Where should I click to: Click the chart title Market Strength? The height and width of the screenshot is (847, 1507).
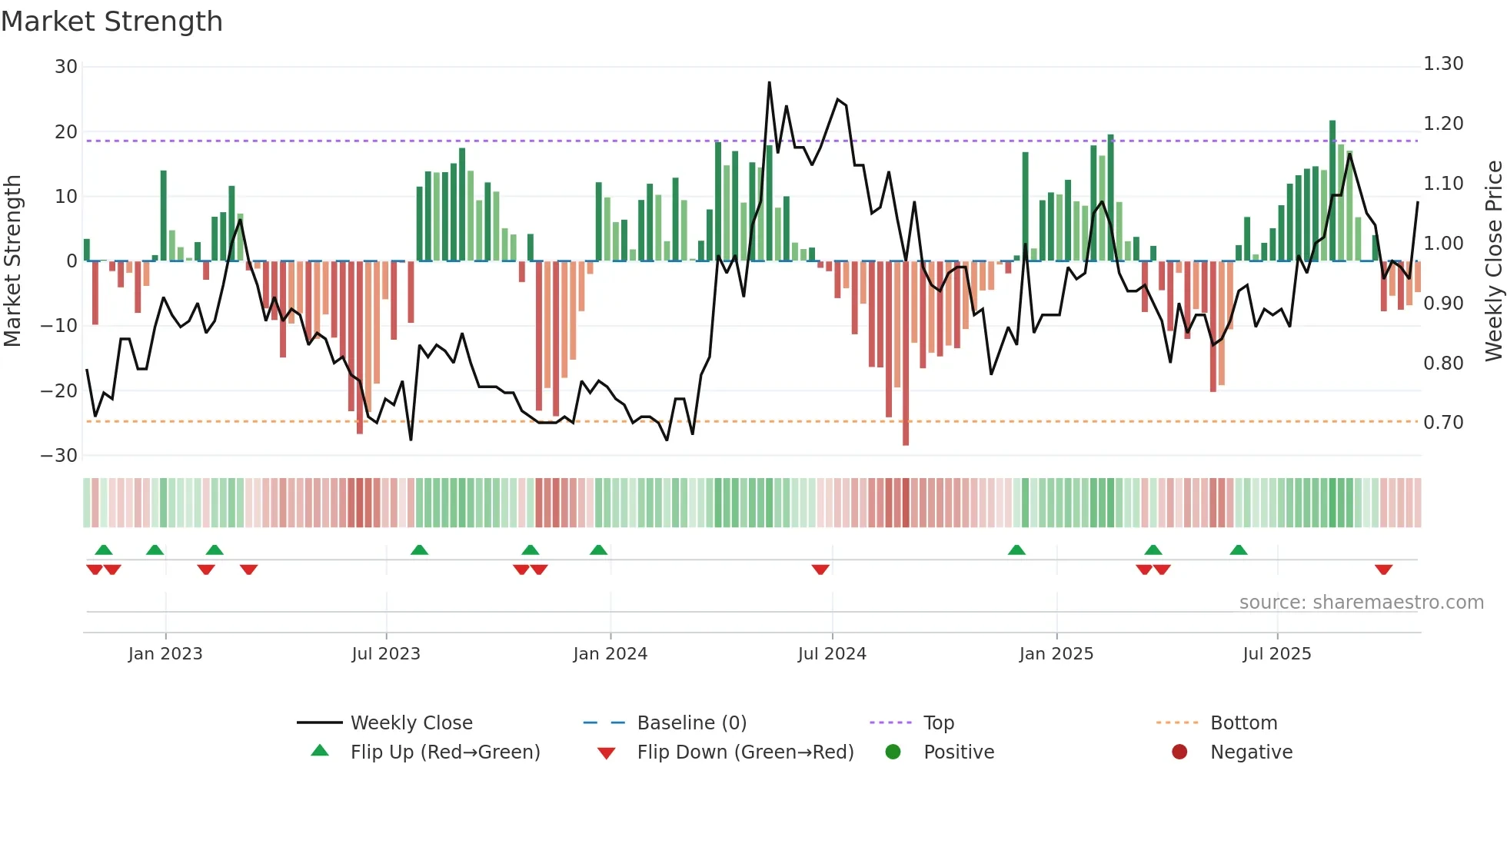(111, 22)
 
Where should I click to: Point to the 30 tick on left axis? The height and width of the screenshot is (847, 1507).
(66, 67)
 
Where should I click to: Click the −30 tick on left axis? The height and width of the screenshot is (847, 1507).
(60, 456)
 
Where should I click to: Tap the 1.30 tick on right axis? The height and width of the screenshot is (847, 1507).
(1443, 64)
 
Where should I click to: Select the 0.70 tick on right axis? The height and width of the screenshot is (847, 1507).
(1443, 423)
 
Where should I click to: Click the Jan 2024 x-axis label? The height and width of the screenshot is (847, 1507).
(610, 654)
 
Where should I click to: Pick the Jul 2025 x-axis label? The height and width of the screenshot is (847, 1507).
(1277, 654)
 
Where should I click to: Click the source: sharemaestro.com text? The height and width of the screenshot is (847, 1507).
(1361, 603)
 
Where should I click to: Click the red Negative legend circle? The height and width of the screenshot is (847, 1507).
(1179, 752)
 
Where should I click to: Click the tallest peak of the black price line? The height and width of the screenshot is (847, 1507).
(769, 83)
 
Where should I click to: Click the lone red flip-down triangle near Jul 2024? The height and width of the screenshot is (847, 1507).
(820, 570)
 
